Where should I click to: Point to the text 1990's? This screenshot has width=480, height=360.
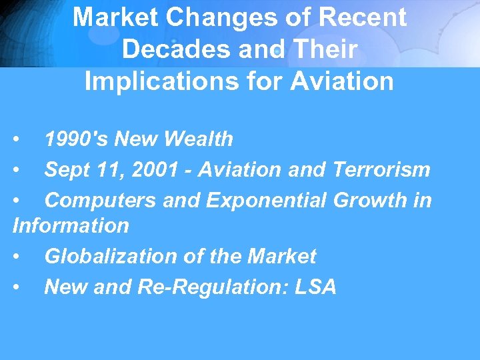coord(76,139)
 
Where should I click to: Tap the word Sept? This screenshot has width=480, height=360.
coord(67,170)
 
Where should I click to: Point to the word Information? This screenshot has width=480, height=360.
coord(71,225)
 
